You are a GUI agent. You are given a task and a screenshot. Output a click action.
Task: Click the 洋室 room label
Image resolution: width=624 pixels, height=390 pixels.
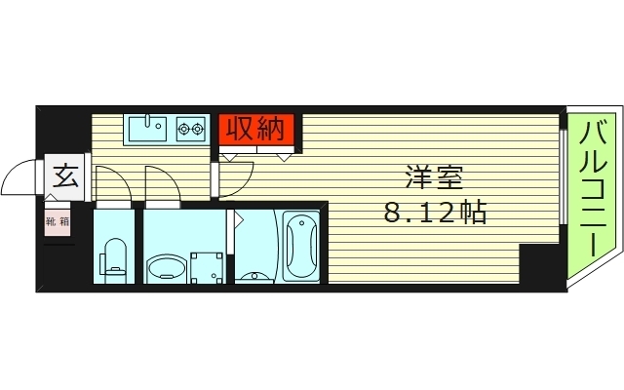click(435, 178)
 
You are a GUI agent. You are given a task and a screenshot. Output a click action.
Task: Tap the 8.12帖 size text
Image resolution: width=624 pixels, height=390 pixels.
click(435, 213)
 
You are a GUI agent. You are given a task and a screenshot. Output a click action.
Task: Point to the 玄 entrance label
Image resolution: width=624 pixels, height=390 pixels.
click(65, 176)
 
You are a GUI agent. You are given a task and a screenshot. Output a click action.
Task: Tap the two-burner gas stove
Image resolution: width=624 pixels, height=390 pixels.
click(189, 128)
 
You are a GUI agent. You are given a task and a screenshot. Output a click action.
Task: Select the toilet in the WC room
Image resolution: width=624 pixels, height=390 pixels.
click(115, 255)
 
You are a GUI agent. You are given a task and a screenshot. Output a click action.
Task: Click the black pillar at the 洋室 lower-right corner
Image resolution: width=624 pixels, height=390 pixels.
click(535, 265)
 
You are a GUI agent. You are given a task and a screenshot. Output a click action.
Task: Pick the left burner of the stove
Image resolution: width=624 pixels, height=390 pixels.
click(182, 127)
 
